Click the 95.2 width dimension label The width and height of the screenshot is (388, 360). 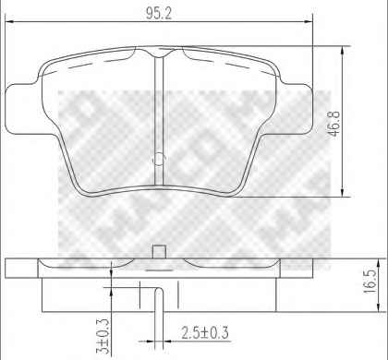(x=159, y=13)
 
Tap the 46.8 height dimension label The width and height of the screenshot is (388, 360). (x=334, y=123)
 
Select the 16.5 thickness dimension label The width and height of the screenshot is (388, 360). (x=370, y=282)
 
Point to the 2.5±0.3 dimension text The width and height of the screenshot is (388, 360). (x=205, y=333)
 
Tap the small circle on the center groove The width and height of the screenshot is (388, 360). (x=159, y=159)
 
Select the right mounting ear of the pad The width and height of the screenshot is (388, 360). (x=296, y=109)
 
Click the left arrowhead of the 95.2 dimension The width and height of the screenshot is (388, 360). (x=10, y=21)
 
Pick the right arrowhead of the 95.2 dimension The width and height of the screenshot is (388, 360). (x=309, y=21)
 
